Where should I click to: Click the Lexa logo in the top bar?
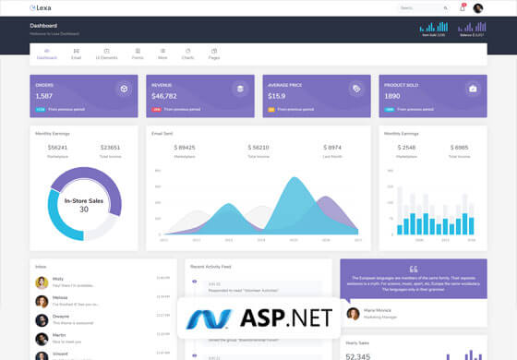coord(41,8)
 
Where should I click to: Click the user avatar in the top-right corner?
coord(478,8)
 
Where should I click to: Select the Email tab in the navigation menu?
coord(77,54)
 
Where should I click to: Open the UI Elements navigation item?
coord(106,54)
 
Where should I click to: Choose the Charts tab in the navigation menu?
coord(187,54)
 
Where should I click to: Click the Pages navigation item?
coord(213,54)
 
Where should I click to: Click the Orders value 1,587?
coord(44,96)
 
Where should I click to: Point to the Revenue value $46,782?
coord(164,96)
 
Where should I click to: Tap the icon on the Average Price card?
coord(355,89)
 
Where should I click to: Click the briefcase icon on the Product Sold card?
coord(473,89)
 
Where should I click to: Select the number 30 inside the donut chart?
coord(84,210)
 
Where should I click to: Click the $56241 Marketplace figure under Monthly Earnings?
coord(57,147)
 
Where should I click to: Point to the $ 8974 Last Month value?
coord(333,147)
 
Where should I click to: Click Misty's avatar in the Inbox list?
coord(42,282)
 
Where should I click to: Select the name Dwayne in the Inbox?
coord(61,316)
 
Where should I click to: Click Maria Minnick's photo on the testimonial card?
coord(352,313)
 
